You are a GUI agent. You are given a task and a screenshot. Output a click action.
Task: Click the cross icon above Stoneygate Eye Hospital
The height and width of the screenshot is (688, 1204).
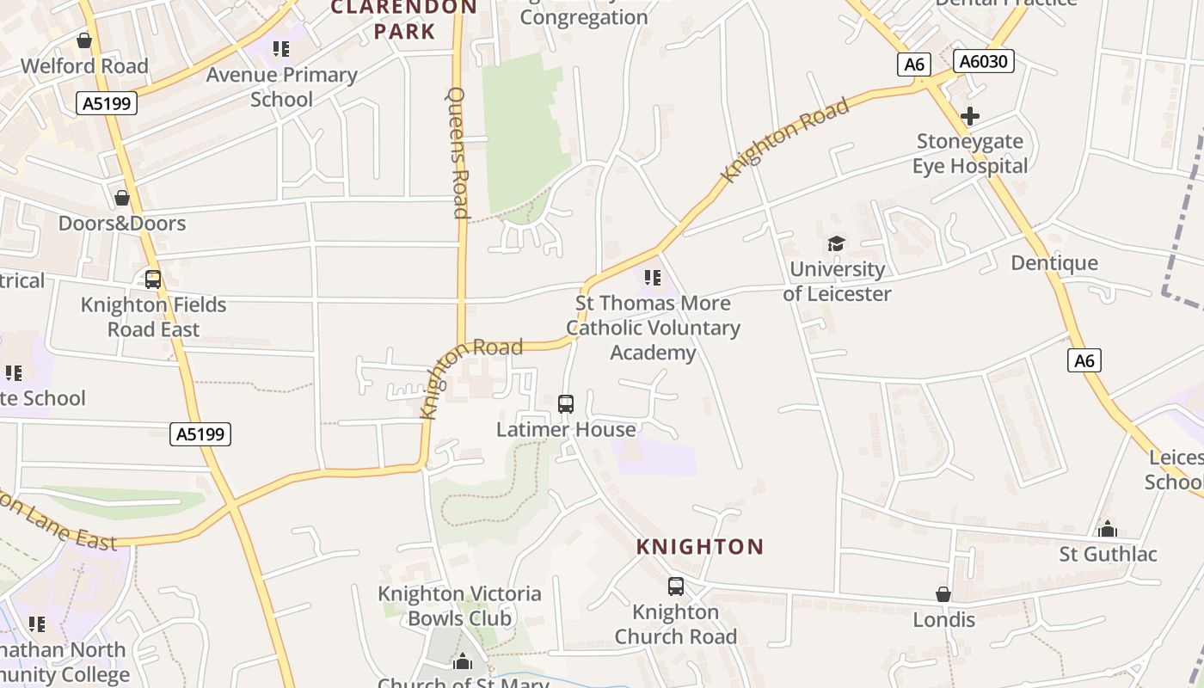pos(970,116)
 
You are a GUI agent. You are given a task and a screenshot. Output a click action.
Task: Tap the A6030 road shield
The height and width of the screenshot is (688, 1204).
pos(984,61)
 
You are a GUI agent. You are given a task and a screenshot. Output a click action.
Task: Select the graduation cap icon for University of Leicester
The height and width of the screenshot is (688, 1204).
pos(836,244)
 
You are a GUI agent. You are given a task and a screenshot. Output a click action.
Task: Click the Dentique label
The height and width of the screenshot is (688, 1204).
pos(1054,263)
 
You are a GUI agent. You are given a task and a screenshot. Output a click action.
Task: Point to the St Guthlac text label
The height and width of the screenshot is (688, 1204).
pos(1108,554)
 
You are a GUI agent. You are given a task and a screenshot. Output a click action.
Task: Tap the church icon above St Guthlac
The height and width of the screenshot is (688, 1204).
pos(1108,528)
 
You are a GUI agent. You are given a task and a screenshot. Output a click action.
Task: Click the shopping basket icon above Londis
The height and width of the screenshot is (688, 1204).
pos(943,594)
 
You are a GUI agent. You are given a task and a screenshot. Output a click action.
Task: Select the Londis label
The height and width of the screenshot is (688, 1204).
pos(943,619)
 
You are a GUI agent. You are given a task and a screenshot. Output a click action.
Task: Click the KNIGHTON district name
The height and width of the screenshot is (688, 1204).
pos(700,547)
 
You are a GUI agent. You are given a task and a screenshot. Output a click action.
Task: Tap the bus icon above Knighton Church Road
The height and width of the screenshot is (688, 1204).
pos(676,587)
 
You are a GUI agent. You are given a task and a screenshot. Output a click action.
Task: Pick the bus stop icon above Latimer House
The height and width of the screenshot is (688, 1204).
pos(566,403)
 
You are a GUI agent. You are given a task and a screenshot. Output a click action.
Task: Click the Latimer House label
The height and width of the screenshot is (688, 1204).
pos(566,429)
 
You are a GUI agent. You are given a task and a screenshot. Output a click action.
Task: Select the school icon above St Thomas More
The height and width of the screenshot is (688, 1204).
pos(653,278)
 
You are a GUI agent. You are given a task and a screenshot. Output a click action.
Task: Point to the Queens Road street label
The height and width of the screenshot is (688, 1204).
pos(458,153)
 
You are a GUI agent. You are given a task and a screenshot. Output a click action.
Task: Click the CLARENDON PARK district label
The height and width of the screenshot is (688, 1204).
pos(404,19)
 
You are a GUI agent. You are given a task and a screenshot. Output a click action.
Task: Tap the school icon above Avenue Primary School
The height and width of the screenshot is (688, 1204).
pos(281,49)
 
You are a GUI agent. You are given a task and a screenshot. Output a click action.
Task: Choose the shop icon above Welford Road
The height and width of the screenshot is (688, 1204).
pos(84,40)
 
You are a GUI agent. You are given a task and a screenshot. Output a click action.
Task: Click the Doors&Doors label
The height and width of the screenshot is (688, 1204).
pos(122,224)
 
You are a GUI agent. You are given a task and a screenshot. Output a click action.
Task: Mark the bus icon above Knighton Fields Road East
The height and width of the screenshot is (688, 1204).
pos(153,279)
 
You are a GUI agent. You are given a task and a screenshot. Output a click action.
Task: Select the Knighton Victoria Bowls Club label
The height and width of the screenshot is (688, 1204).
pos(459,605)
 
